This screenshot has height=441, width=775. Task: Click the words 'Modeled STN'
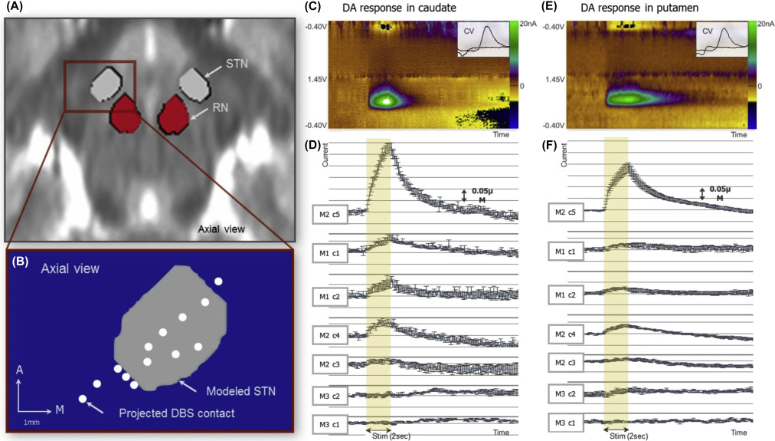(x=234, y=392)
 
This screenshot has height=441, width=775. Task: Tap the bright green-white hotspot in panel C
(x=388, y=100)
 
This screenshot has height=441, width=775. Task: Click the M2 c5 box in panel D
(x=331, y=216)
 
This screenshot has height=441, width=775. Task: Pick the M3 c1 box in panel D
(x=331, y=423)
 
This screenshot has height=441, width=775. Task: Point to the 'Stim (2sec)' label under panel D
(x=381, y=434)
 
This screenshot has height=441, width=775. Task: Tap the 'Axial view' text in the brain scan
(x=221, y=229)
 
